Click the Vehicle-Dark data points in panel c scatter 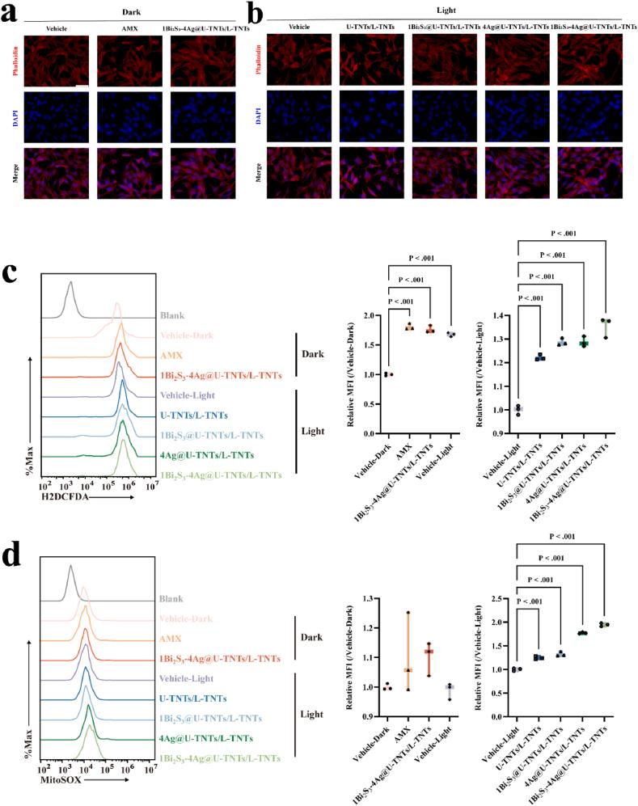(388, 374)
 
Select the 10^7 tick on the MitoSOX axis (150, 768)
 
